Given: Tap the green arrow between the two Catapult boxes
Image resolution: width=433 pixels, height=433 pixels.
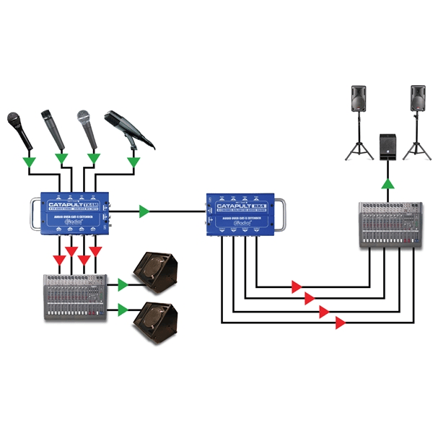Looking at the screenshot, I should [145, 211].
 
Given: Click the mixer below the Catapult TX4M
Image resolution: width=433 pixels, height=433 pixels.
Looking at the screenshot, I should [75, 296].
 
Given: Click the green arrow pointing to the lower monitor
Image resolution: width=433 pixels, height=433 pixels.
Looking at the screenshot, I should [122, 310].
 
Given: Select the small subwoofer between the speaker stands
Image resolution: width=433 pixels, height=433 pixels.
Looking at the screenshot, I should [388, 147].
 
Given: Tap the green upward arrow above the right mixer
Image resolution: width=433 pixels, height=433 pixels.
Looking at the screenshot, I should [388, 185].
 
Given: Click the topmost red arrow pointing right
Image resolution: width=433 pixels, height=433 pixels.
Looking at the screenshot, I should [296, 287].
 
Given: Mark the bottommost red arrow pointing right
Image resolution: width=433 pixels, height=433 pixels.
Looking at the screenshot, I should [339, 324].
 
